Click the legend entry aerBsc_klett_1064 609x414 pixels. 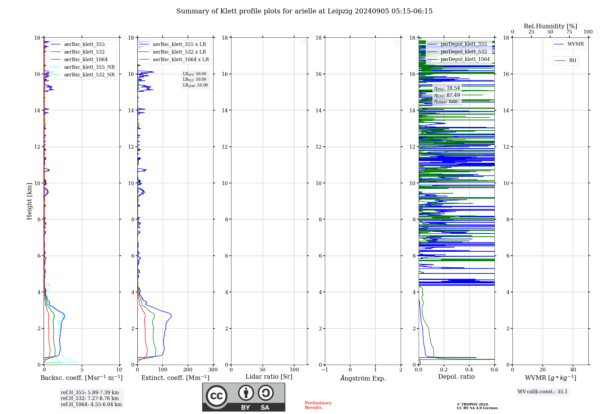tap(86, 60)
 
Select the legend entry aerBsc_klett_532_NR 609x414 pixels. tap(89, 75)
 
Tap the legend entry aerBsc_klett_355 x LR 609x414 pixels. tap(179, 44)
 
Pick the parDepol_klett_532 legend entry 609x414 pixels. tap(463, 52)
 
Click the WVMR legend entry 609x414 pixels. tap(575, 44)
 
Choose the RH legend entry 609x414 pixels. tap(572, 61)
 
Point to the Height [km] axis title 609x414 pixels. tap(29, 201)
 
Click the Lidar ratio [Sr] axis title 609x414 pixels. tap(269, 377)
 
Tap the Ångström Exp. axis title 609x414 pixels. tap(363, 378)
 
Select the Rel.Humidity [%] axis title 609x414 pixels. tap(550, 26)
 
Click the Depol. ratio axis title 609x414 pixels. tap(456, 377)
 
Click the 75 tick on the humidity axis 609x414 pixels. tap(569, 32)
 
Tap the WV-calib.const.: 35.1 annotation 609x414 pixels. tap(543, 392)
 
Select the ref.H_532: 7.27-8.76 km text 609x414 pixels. tap(90, 398)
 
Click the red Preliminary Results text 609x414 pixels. tap(318, 405)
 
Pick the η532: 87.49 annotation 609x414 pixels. tap(447, 95)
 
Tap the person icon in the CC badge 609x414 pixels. tap(246, 393)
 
